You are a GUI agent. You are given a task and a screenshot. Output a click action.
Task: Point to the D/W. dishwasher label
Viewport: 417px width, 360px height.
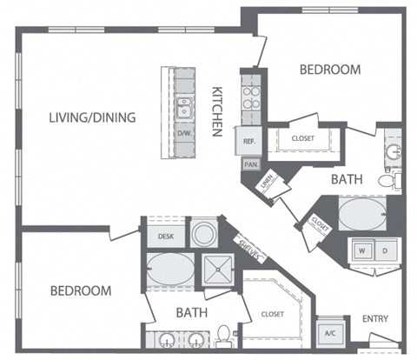point(184,135)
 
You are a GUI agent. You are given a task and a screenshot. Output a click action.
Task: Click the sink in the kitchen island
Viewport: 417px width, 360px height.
point(184,108)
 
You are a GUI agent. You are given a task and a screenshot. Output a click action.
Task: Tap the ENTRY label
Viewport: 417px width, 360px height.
point(375,318)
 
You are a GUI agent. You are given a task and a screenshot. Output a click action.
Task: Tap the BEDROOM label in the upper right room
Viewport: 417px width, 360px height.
point(329,70)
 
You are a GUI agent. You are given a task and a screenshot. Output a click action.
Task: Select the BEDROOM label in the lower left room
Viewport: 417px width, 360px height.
point(80,290)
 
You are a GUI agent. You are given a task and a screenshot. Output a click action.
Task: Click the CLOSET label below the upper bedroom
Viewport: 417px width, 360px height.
point(303,137)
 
